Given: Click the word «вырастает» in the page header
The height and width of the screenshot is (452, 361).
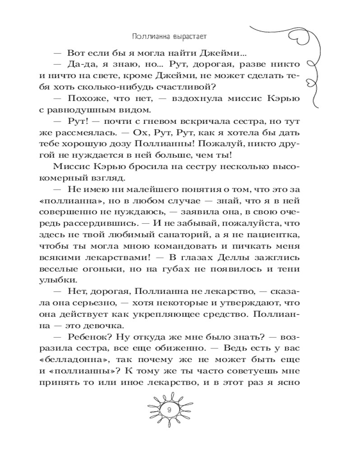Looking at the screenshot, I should (191, 35).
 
